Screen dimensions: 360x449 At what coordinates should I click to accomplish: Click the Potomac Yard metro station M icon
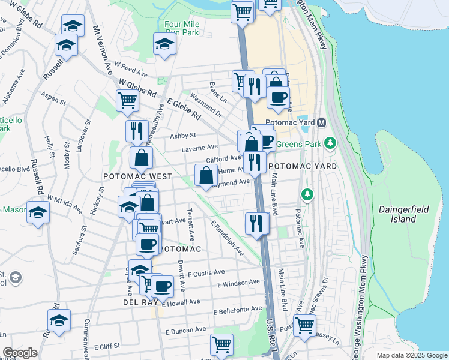tap(322, 122)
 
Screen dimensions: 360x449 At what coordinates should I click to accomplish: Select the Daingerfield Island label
tap(397, 214)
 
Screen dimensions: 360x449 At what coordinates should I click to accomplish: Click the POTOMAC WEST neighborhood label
tap(137, 177)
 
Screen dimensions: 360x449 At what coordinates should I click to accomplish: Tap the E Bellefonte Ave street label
tap(238, 310)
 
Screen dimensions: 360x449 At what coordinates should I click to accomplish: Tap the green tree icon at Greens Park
tap(330, 143)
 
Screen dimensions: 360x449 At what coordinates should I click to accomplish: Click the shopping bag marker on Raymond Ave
tap(206, 175)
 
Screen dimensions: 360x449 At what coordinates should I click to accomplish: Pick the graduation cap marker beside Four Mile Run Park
tap(164, 44)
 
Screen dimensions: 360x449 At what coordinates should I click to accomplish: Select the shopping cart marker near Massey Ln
tap(304, 325)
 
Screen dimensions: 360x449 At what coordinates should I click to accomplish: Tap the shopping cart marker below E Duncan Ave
tap(222, 344)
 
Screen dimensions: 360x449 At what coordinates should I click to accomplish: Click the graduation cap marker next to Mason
tap(38, 213)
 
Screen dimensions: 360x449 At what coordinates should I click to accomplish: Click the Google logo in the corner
tap(20, 353)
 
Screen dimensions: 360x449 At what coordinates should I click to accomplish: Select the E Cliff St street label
tap(107, 346)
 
